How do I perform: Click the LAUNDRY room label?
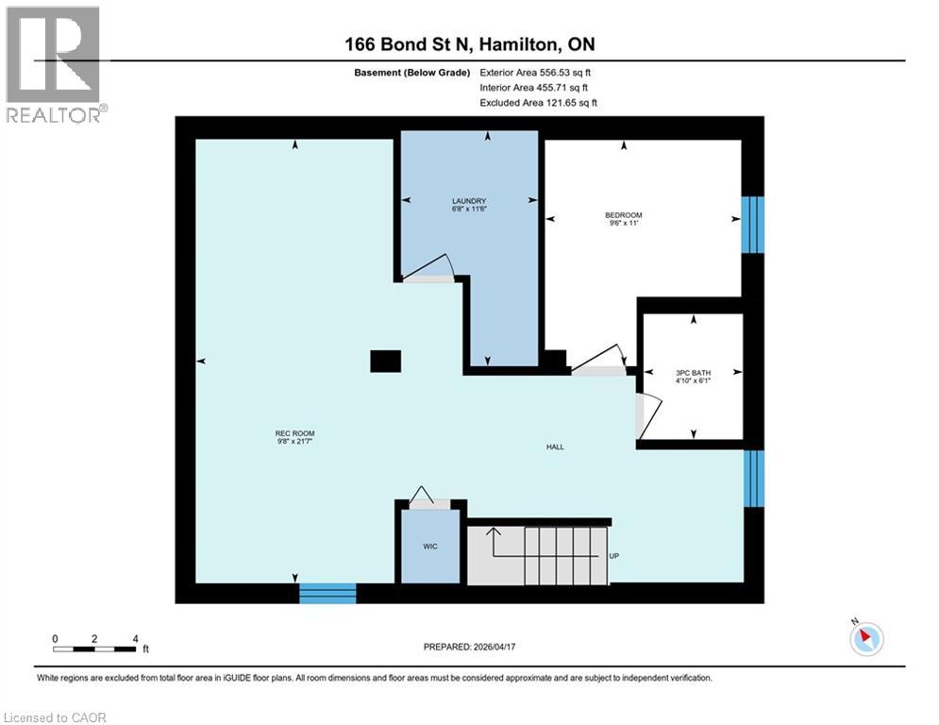click(x=468, y=201)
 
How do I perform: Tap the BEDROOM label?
click(x=623, y=215)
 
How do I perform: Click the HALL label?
click(x=555, y=447)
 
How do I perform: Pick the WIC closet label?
click(x=429, y=547)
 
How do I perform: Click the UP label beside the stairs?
click(x=613, y=556)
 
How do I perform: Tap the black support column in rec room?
click(x=385, y=361)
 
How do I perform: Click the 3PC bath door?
click(x=647, y=415)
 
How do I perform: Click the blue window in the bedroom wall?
click(x=752, y=225)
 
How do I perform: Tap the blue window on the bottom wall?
click(x=327, y=593)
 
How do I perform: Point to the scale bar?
click(x=95, y=648)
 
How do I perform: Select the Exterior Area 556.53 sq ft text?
click(x=535, y=72)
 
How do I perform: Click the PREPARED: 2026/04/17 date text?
click(x=468, y=647)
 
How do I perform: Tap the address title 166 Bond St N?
click(x=469, y=44)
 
